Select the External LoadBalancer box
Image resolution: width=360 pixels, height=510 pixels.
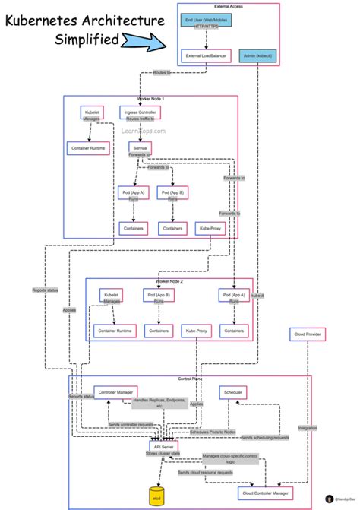[205, 55]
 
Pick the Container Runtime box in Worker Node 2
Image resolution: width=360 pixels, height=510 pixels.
[115, 331]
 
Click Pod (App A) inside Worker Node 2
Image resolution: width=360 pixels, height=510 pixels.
[234, 295]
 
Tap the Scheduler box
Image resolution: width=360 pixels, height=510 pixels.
[232, 391]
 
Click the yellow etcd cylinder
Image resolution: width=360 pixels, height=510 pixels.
[157, 495]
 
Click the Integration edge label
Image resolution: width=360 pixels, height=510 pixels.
[308, 428]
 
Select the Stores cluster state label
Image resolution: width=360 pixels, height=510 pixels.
[163, 454]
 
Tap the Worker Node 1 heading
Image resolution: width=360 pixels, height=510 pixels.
[151, 99]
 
